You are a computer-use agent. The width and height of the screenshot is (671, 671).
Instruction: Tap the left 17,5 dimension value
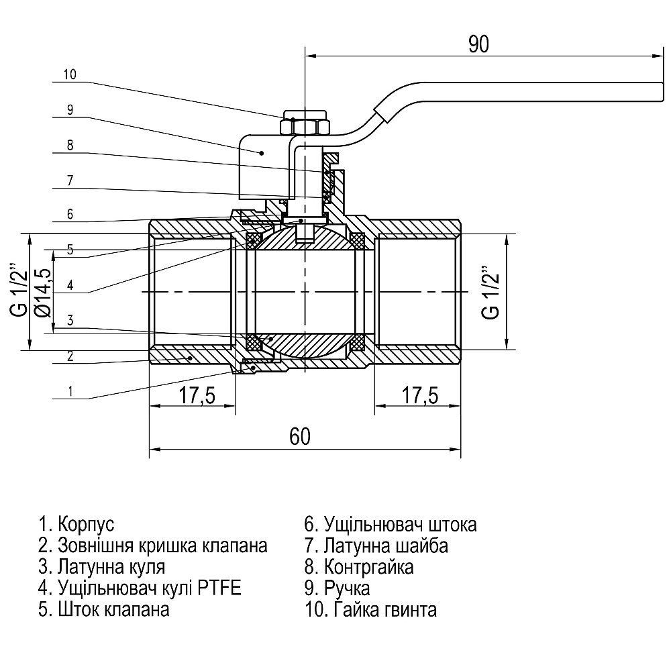pyautogui.click(x=196, y=396)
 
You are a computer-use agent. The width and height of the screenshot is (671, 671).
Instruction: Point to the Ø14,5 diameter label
pyautogui.click(x=43, y=292)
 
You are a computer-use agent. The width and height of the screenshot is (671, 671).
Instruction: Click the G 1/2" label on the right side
pyautogui.click(x=491, y=293)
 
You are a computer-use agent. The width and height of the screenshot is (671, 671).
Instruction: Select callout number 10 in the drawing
pyautogui.click(x=70, y=74)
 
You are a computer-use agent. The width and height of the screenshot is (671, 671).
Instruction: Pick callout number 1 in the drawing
pyautogui.click(x=70, y=391)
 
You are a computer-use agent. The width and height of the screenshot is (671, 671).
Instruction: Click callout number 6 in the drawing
pyautogui.click(x=70, y=214)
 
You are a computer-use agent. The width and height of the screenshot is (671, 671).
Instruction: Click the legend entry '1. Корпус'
pyautogui.click(x=76, y=523)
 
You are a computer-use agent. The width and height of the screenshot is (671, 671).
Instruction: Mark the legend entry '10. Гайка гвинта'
pyautogui.click(x=370, y=610)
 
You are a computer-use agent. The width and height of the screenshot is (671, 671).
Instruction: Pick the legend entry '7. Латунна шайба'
pyautogui.click(x=376, y=546)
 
